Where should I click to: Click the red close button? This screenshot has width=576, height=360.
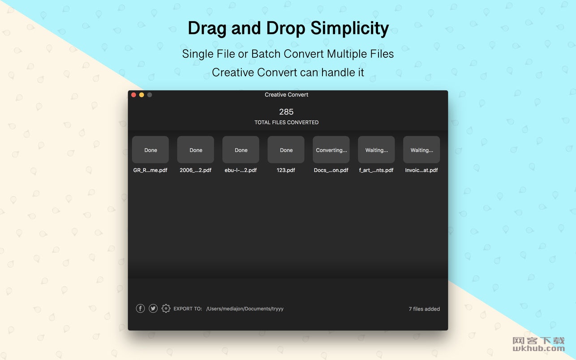coord(134,95)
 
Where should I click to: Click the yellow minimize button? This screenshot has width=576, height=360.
coord(142,95)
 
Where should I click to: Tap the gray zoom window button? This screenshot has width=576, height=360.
coord(150,95)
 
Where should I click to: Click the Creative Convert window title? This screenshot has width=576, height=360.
coord(287,94)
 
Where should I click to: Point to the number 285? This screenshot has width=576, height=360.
coord(286,112)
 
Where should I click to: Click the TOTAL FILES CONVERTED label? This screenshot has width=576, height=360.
coord(287,122)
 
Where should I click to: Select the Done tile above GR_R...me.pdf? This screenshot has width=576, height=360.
coord(150,150)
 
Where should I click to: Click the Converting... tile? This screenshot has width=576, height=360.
coord(331,150)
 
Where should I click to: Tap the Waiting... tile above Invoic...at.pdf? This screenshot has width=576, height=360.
coord(422,150)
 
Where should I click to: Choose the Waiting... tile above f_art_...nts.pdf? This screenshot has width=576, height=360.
coord(376,150)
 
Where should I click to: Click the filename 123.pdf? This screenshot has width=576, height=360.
coord(286,170)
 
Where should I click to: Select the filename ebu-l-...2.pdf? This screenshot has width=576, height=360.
coord(241,170)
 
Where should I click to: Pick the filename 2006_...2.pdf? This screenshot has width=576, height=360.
coord(195,170)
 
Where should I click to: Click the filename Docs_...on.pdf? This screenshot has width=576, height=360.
coord(331,170)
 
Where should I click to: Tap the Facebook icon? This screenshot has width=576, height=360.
coord(140,309)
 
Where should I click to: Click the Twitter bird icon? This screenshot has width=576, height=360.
coord(153,309)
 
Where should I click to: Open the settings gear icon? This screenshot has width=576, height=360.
coord(166,309)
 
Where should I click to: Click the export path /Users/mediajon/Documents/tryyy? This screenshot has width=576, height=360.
coord(245,309)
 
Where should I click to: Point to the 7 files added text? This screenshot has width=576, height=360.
coord(424,309)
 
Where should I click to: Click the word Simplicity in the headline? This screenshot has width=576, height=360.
coord(350,28)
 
